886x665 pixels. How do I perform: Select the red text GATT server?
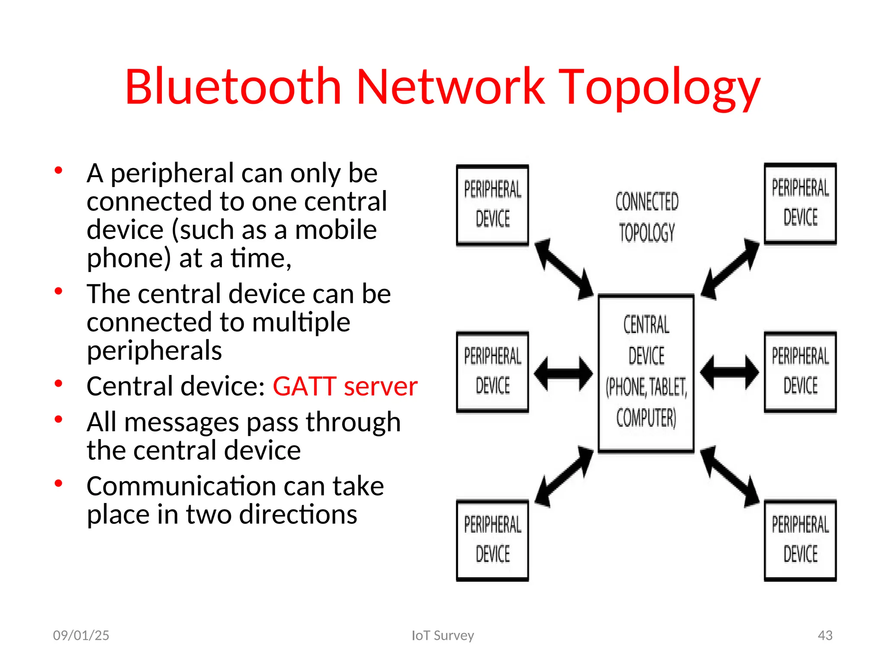345,386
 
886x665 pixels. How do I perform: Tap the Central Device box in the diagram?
646,373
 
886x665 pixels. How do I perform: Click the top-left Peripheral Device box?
492,205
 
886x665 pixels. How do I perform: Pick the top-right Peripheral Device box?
800,203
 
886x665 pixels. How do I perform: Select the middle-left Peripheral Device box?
492,372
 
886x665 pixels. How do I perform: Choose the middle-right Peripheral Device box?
800,372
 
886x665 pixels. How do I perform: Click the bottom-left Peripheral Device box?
492,540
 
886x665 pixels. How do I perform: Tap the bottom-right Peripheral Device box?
800,540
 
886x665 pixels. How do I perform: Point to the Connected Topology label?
647,217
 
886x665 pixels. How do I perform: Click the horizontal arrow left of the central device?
563,373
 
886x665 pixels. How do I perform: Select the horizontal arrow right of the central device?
729,372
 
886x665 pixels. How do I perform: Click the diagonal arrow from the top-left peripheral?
564,269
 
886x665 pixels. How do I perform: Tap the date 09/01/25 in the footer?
81,635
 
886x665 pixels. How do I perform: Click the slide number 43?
825,635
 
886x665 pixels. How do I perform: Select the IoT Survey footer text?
443,635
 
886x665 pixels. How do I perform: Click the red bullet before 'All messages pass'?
58,419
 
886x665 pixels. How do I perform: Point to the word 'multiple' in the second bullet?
301,323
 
